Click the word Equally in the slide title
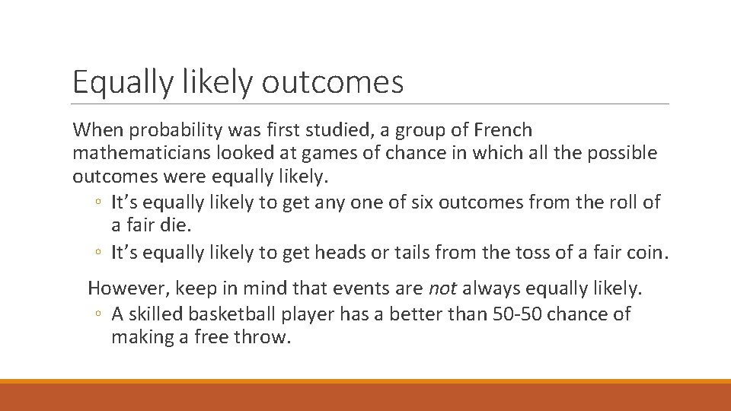pos(123,83)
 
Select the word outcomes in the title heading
pos(333,83)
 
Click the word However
pos(129,288)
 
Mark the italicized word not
pos(442,288)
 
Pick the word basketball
pos(227,314)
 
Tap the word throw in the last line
pos(267,336)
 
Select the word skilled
pos(151,314)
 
